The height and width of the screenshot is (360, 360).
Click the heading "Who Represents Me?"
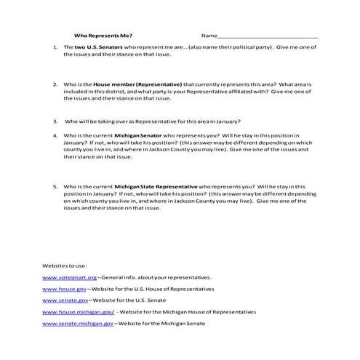pyautogui.click(x=103, y=35)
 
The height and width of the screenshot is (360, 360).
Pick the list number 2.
pyautogui.click(x=55, y=84)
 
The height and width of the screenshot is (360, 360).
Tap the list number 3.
pyautogui.click(x=55, y=121)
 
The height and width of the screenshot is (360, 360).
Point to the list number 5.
pyautogui.click(x=55, y=187)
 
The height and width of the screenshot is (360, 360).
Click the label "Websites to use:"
pyautogui.click(x=63, y=265)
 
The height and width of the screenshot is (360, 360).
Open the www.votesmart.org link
pyautogui.click(x=70, y=277)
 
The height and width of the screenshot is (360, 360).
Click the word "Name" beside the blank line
pyautogui.click(x=209, y=35)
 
